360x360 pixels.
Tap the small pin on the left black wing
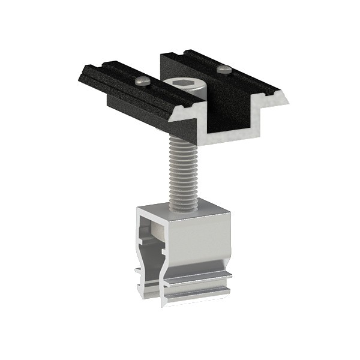coord(142,79)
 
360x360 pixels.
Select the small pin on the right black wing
coord(223,69)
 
